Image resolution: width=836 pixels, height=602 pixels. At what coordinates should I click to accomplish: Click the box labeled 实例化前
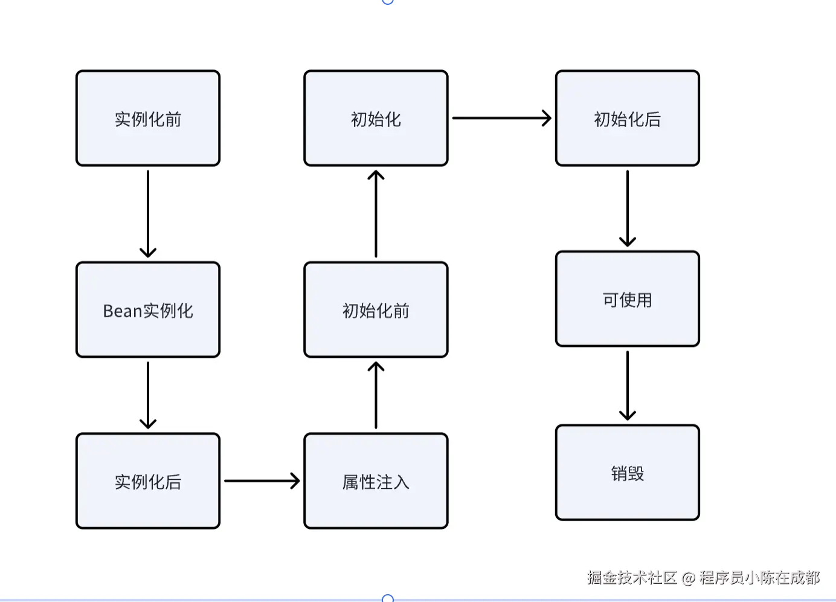[x=147, y=118]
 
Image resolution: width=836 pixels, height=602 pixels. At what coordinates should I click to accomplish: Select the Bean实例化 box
[x=147, y=310]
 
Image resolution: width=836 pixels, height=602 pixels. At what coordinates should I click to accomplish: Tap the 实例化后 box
[x=147, y=481]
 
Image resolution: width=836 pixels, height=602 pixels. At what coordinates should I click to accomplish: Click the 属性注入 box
[x=376, y=481]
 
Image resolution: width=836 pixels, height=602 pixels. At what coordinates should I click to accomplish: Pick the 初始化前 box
[x=376, y=310]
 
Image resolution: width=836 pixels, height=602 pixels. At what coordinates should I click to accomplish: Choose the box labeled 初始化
[x=376, y=118]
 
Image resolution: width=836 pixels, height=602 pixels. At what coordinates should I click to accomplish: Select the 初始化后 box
[x=627, y=118]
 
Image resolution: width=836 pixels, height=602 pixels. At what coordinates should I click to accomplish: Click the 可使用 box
[x=627, y=299]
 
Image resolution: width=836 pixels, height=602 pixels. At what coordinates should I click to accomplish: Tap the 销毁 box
[x=627, y=473]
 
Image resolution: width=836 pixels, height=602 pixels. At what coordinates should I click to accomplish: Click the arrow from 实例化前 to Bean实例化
[x=148, y=214]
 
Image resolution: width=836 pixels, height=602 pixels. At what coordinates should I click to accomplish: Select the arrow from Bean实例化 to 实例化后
[x=148, y=395]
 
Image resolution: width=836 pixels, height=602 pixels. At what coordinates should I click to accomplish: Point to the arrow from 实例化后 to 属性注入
[x=262, y=481]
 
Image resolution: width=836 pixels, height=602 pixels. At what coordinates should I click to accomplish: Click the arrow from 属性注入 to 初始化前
[x=376, y=395]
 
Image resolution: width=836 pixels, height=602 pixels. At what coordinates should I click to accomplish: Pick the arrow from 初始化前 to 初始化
[x=376, y=214]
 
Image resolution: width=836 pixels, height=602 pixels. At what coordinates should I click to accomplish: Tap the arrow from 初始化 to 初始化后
[x=501, y=118]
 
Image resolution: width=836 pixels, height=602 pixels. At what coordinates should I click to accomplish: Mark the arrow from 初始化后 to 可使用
[x=628, y=209]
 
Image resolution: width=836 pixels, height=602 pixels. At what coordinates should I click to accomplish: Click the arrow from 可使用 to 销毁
[x=628, y=386]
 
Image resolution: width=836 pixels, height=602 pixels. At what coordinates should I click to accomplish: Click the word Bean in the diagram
[x=122, y=311]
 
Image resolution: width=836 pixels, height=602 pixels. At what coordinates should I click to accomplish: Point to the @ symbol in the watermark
[x=689, y=578]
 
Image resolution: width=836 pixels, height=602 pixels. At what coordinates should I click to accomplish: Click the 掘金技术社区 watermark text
[x=632, y=578]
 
